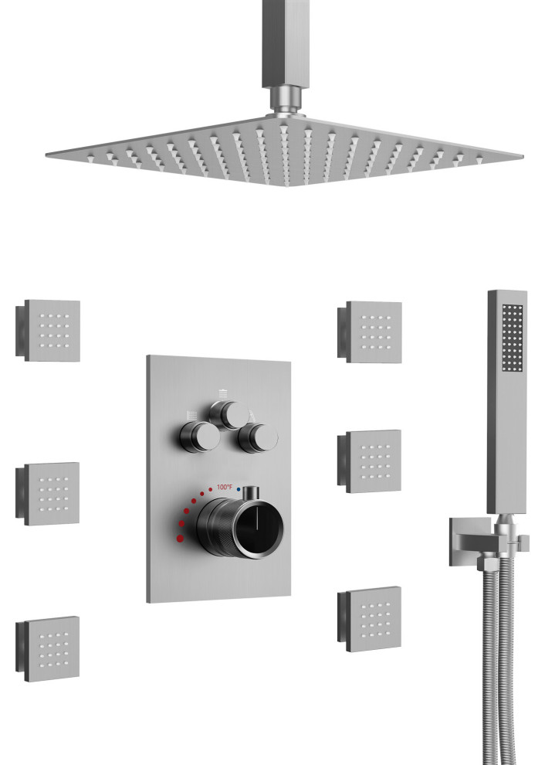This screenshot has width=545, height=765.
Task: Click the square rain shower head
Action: point(284,151)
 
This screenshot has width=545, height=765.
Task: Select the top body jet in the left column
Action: point(48,330)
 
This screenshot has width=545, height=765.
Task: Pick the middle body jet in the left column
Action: point(48,493)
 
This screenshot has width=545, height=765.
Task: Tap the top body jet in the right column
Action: point(370,331)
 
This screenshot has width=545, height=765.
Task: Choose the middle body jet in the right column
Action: point(370,461)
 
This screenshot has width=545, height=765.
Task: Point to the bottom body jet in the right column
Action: point(370,619)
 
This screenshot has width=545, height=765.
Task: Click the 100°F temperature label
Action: point(225,488)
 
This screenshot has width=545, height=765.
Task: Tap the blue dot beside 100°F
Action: point(239,488)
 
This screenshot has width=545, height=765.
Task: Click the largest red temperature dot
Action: point(181,539)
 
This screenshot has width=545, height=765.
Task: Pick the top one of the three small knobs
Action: point(229,416)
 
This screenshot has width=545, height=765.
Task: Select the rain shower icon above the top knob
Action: point(223,393)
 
